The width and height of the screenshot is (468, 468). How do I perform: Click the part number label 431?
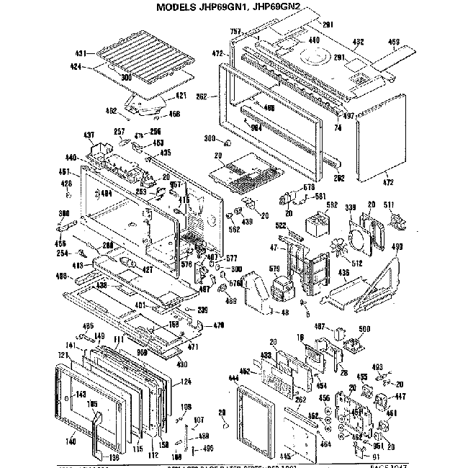[81, 53]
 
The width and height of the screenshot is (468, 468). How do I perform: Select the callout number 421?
[181, 94]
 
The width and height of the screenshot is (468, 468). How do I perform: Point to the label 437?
[89, 136]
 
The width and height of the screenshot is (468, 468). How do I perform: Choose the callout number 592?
[332, 204]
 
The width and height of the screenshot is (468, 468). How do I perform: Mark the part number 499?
[395, 247]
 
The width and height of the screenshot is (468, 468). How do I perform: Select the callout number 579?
[274, 270]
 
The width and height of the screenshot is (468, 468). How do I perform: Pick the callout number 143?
[81, 395]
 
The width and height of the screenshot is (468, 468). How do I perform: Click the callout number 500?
[364, 328]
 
